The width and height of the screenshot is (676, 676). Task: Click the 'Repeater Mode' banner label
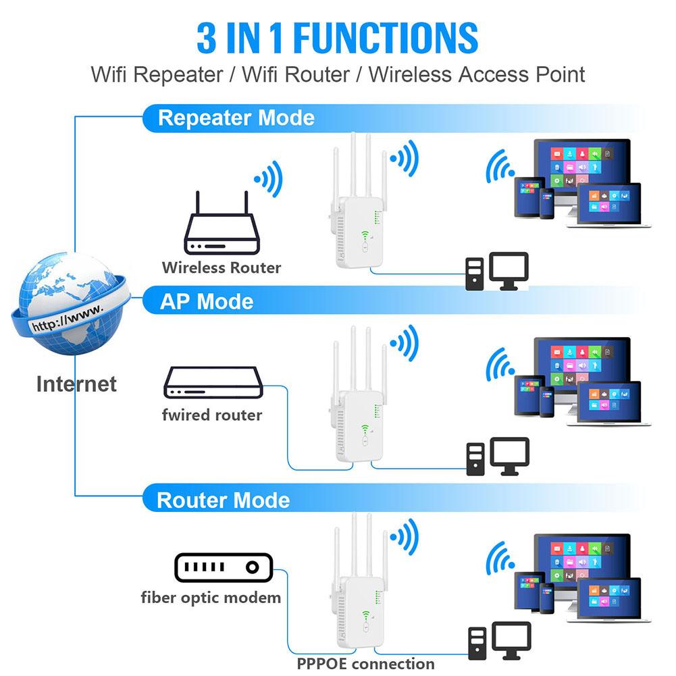pos(236,118)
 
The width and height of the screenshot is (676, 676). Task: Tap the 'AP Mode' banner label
pos(206,301)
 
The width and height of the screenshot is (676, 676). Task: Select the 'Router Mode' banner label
pos(223,500)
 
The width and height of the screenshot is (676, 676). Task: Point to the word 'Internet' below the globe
pos(76,384)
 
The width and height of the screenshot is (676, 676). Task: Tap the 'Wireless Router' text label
pos(221,267)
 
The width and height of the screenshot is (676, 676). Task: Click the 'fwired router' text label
pos(211,415)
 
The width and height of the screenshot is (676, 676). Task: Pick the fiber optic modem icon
pos(222,567)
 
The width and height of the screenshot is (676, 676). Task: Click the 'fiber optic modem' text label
pos(211,597)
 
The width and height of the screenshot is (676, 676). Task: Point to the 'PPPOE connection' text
pos(365,663)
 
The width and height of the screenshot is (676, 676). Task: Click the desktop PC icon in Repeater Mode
pos(496,271)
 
